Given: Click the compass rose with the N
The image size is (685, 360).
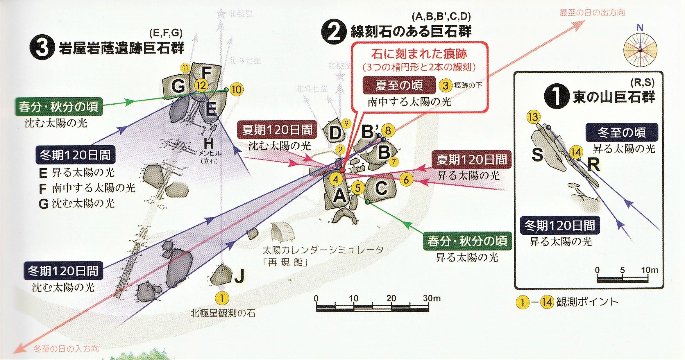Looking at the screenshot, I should [640, 50].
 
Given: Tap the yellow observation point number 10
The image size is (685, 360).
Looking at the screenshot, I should [237, 89].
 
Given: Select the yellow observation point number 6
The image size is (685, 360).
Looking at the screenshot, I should [406, 179].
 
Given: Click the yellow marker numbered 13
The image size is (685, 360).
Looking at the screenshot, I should [533, 117].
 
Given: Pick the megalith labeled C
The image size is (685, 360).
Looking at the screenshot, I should [381, 189].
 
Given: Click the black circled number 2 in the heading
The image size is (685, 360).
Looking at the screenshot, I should [334, 32].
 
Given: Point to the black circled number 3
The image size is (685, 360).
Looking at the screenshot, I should [42, 48].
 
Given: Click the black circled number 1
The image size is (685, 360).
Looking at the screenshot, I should [556, 96].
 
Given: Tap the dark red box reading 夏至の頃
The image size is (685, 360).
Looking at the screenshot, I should [399, 85].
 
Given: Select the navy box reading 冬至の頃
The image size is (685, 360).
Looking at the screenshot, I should [621, 132].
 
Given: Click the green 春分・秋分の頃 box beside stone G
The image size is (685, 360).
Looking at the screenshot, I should [59, 107].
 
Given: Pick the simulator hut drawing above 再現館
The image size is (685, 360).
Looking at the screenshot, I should [282, 232].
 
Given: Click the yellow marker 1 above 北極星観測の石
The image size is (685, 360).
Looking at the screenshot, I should [222, 298].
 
